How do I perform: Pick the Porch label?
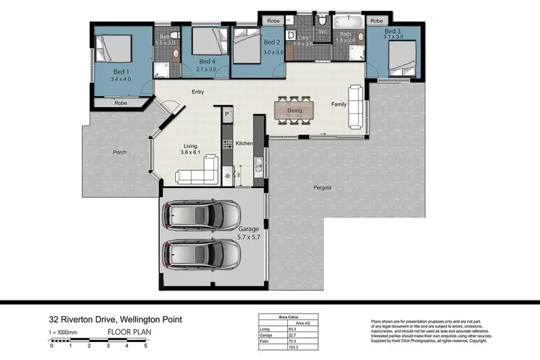[x=120, y=152]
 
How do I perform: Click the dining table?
[x=294, y=111]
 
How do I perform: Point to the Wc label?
[x=322, y=32]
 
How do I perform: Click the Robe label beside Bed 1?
[x=122, y=103]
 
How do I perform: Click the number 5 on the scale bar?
[x=145, y=346]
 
